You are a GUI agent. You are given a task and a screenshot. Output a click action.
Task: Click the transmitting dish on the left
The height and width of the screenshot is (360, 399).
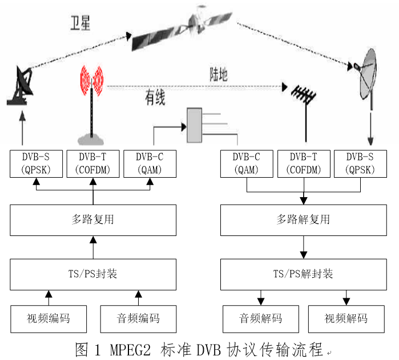[22, 86]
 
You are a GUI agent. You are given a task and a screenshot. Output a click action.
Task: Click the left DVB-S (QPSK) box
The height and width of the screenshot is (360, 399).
[36, 163]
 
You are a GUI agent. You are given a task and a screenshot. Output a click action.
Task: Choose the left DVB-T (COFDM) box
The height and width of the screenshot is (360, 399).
[93, 163]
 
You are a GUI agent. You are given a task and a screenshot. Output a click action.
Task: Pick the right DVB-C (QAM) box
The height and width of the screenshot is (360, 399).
[247, 163]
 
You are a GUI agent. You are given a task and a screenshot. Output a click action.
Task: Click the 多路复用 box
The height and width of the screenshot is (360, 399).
[93, 220]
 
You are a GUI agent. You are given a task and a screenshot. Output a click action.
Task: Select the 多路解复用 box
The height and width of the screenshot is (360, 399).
[304, 220]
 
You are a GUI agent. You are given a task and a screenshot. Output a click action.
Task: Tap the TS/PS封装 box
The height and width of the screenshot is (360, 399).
[93, 274]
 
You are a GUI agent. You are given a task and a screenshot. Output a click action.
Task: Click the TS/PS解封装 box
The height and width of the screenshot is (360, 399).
[304, 274]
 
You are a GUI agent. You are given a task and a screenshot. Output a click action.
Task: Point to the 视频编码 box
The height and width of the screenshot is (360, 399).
[49, 318]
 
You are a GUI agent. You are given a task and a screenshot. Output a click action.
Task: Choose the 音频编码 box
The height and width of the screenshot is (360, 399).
[138, 318]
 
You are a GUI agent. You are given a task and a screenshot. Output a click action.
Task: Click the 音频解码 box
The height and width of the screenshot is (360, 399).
[260, 318]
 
